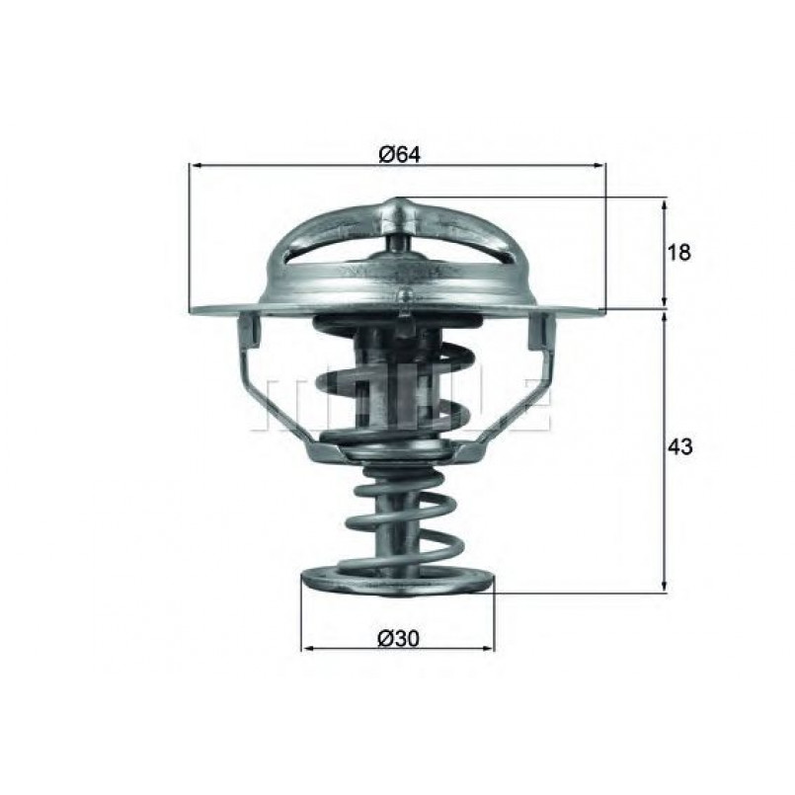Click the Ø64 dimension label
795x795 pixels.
click(x=400, y=154)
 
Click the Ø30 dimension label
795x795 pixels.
click(x=399, y=638)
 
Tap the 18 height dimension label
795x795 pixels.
click(x=678, y=252)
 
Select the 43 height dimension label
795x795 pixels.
click(x=679, y=446)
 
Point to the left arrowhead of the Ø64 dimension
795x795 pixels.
click(x=195, y=165)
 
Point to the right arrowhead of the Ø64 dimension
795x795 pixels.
click(x=599, y=165)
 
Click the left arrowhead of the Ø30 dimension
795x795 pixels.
click(x=308, y=648)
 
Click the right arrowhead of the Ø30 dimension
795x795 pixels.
click(x=487, y=648)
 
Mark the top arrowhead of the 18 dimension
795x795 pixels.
click(x=665, y=205)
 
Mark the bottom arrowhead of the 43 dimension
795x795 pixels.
click(x=665, y=586)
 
